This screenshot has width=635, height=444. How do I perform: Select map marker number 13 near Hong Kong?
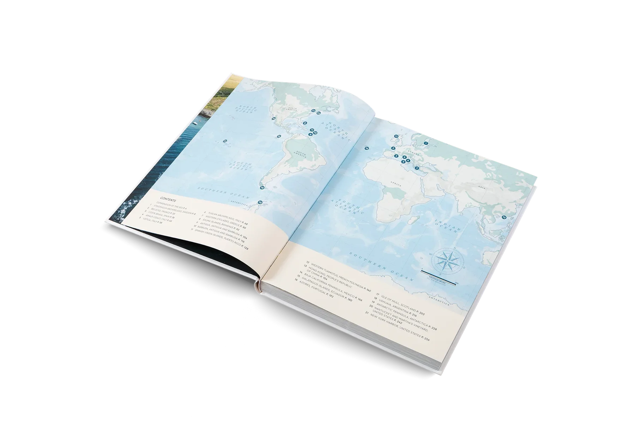pyautogui.click(x=504, y=218)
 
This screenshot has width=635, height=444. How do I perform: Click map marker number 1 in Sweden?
pyautogui.click(x=426, y=143)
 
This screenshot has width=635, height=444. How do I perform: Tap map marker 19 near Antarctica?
pyautogui.click(x=260, y=202)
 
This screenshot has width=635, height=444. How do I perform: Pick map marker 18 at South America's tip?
pyautogui.click(x=262, y=188)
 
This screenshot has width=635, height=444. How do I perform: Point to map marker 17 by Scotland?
pyautogui.click(x=396, y=136)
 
